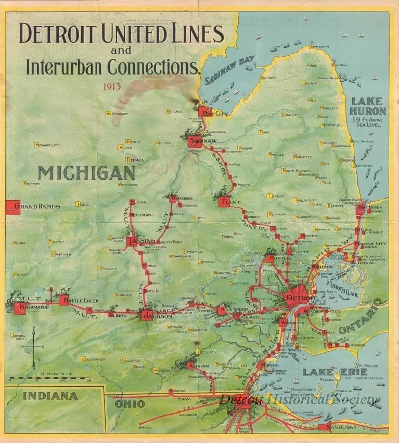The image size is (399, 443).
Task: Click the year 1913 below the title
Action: click(x=112, y=87)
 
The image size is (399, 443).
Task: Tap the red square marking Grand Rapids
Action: click(x=12, y=207)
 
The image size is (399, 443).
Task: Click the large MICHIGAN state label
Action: click(x=86, y=173)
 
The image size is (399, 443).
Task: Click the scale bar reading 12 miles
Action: click(x=50, y=376)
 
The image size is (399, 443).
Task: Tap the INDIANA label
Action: click(x=50, y=396)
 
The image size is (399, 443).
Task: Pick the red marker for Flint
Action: click(x=225, y=202)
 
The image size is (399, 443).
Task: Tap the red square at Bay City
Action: click(x=203, y=112)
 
